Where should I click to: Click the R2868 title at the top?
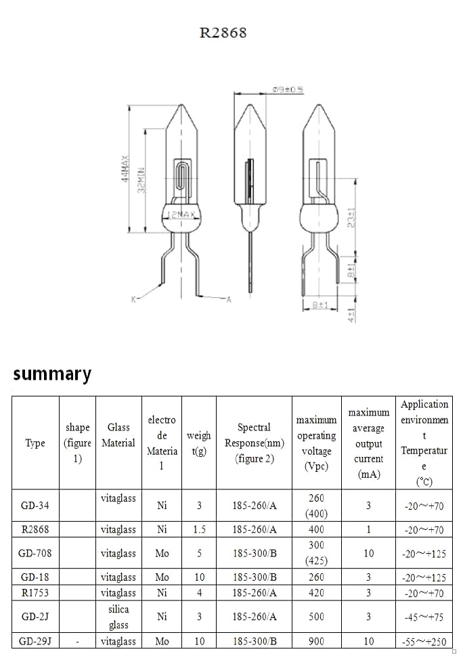[223, 32]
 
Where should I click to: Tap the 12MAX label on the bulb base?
[181, 215]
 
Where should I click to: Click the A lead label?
[228, 299]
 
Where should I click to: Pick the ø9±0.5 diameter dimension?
[287, 89]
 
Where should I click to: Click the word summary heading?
[52, 374]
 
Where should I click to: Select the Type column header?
[35, 443]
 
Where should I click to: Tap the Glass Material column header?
[118, 435]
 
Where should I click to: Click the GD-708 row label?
[35, 553]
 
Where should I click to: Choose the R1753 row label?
[35, 593]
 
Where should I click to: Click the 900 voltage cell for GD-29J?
[316, 641]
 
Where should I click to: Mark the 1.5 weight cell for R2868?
[199, 529]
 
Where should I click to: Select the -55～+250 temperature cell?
[424, 641]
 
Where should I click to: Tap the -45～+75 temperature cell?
[424, 617]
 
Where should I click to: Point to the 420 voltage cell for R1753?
[316, 593]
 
